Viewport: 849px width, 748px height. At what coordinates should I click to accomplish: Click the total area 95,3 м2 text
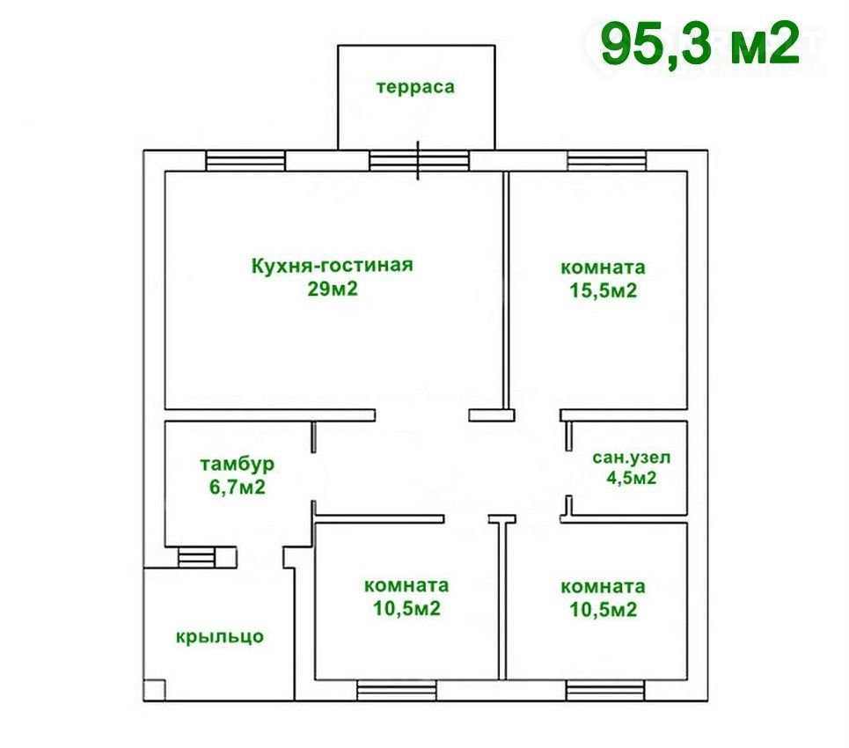click(700, 44)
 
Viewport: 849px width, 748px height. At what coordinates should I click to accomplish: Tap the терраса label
click(415, 87)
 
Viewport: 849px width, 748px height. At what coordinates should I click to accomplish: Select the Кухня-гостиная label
click(333, 266)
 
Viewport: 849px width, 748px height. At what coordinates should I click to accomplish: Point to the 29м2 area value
click(333, 290)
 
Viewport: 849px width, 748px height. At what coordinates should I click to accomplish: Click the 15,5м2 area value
click(604, 291)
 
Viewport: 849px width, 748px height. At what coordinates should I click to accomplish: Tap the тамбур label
click(238, 464)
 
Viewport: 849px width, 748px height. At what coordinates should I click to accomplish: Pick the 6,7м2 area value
click(238, 488)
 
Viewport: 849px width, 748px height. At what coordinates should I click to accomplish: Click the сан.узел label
click(632, 458)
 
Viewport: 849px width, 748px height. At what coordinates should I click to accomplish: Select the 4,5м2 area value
click(632, 478)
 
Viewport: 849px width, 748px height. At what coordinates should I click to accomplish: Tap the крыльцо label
click(220, 636)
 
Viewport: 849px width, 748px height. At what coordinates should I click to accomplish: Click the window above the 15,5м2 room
click(606, 161)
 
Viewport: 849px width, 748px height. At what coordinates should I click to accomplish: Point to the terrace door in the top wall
click(419, 161)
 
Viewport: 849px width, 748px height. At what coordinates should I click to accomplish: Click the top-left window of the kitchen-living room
click(245, 161)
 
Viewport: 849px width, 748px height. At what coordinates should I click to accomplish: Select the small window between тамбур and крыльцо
click(196, 557)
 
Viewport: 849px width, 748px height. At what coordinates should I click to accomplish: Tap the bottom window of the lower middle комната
click(397, 691)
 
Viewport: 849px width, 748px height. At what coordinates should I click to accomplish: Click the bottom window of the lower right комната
click(606, 691)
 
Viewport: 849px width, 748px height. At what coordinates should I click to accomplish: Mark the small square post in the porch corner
click(154, 690)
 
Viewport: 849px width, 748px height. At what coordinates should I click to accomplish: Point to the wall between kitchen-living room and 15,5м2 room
click(506, 290)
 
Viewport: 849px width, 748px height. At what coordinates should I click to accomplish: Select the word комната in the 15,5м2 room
click(604, 268)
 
